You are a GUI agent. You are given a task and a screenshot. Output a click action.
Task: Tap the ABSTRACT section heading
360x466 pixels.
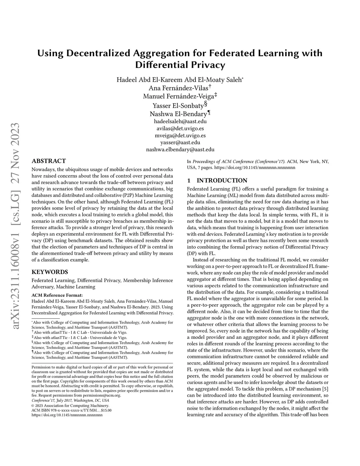pyautogui.click(x=49, y=161)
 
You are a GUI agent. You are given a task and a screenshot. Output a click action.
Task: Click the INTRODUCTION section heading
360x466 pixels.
pyautogui.click(x=222, y=180)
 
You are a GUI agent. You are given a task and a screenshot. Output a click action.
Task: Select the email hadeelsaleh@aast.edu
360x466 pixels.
pyautogui.click(x=180, y=121)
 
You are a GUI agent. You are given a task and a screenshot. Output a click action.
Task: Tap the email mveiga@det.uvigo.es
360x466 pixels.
pyautogui.click(x=180, y=135)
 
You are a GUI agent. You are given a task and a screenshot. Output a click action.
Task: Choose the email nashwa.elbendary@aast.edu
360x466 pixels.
pyautogui.click(x=180, y=149)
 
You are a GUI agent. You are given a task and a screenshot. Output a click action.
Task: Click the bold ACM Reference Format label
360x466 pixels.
pyautogui.click(x=57, y=295)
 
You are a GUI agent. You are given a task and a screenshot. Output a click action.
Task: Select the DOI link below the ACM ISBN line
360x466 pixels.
pyautogui.click(x=67, y=415)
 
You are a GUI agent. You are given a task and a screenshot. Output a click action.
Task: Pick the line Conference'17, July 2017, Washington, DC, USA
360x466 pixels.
pyautogui.click(x=70, y=400)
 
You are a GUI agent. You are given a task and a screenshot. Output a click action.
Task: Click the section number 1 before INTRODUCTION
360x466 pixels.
pyautogui.click(x=189, y=180)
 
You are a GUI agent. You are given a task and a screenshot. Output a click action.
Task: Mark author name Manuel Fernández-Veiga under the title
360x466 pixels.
pyautogui.click(x=178, y=96)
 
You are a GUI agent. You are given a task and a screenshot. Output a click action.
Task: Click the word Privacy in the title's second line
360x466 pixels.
pyautogui.click(x=207, y=65)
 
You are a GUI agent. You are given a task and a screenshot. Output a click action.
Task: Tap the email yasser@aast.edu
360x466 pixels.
pyautogui.click(x=180, y=142)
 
